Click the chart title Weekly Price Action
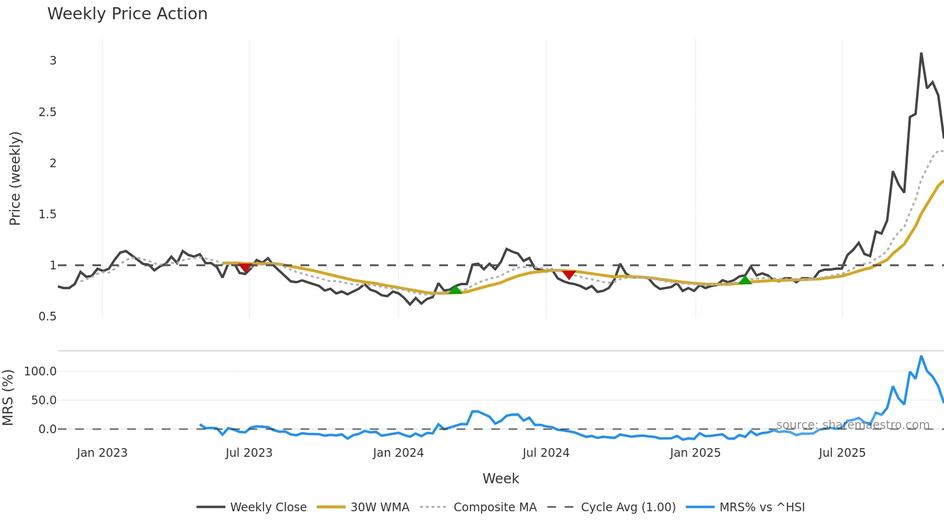click(x=127, y=14)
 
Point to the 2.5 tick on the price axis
click(x=48, y=112)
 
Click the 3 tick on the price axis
click(x=53, y=61)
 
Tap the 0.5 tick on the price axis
click(x=48, y=317)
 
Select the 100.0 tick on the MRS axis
click(x=40, y=372)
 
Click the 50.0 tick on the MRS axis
click(x=44, y=400)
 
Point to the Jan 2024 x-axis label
click(x=398, y=453)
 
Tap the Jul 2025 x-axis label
click(x=842, y=453)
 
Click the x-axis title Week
click(x=500, y=478)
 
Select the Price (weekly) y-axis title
click(x=15, y=178)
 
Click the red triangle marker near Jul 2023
click(x=245, y=267)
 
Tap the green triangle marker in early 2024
click(x=455, y=289)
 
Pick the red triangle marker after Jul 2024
click(x=569, y=274)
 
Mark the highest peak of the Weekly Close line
click(x=921, y=53)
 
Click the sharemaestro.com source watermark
click(x=852, y=425)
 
